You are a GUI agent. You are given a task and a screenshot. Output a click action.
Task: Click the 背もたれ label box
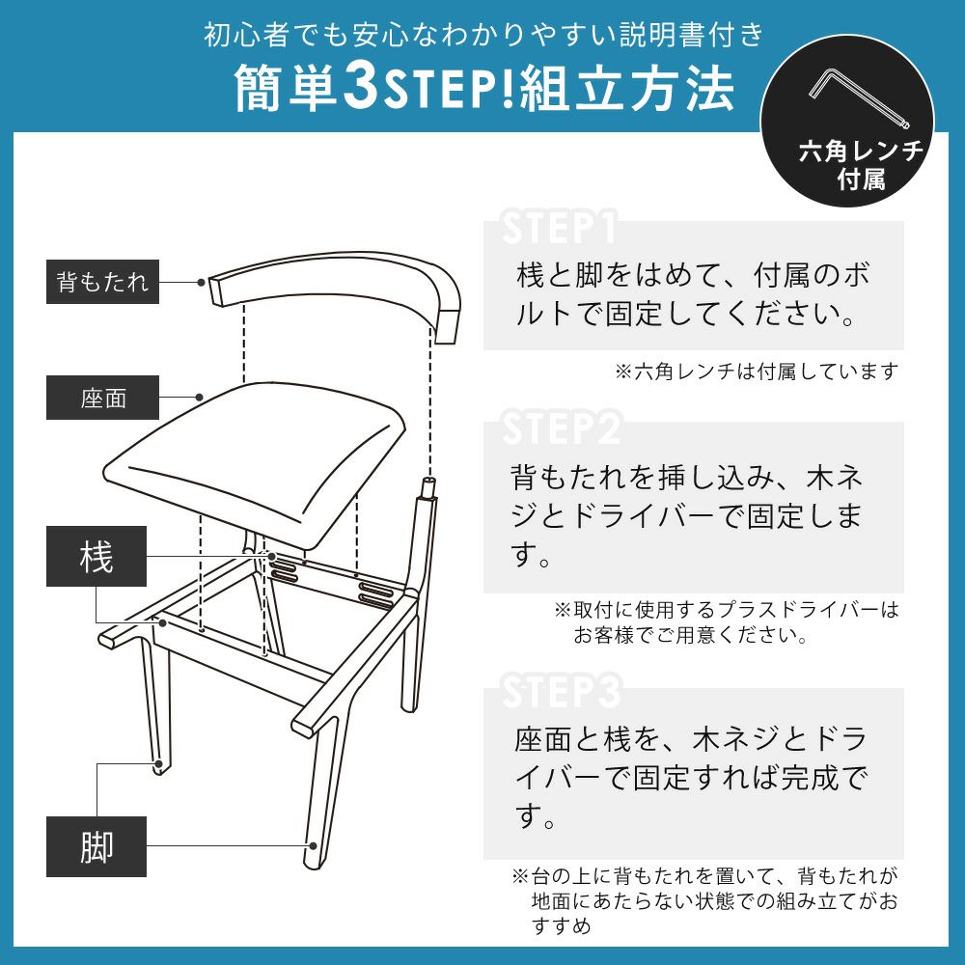[x=103, y=282]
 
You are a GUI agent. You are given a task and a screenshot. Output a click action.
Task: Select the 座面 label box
[x=103, y=398]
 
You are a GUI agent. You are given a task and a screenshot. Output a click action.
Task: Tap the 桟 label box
[x=96, y=557]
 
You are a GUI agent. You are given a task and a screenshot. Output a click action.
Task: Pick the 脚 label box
[x=96, y=847]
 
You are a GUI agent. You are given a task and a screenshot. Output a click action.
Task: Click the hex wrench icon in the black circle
[x=859, y=98]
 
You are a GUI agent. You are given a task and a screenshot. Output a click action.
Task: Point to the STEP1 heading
[x=559, y=229]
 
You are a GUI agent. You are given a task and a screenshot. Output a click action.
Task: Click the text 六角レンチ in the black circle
[x=861, y=152]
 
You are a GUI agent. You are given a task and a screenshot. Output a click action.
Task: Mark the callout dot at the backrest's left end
[x=201, y=283]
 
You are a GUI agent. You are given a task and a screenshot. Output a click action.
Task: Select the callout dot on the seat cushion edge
[x=199, y=397]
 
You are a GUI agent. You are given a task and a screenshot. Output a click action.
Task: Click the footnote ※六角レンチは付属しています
[x=757, y=372]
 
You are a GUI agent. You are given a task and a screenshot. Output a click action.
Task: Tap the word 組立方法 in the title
[x=627, y=88]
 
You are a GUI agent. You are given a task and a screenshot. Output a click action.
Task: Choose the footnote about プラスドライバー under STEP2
[x=727, y=621]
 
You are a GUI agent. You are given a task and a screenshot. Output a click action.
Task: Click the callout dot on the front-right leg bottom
[x=313, y=846]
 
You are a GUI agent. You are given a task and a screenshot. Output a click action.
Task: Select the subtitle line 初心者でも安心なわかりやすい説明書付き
[x=483, y=35]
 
